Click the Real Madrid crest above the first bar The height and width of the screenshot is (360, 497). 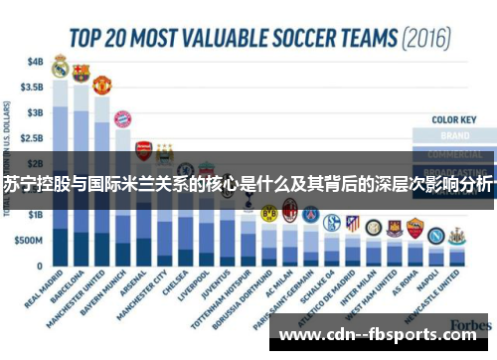point(60,68)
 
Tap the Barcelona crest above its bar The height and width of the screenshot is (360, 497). point(81,73)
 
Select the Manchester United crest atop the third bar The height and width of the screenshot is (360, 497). point(101,85)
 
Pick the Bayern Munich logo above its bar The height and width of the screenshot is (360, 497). point(122,119)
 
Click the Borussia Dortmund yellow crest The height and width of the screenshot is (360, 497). point(268,213)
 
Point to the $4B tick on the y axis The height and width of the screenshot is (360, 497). point(35,61)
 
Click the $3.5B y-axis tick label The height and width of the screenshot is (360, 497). point(32,87)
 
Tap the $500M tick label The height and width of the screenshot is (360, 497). point(30,241)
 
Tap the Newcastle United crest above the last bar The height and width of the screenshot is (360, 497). point(456,237)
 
